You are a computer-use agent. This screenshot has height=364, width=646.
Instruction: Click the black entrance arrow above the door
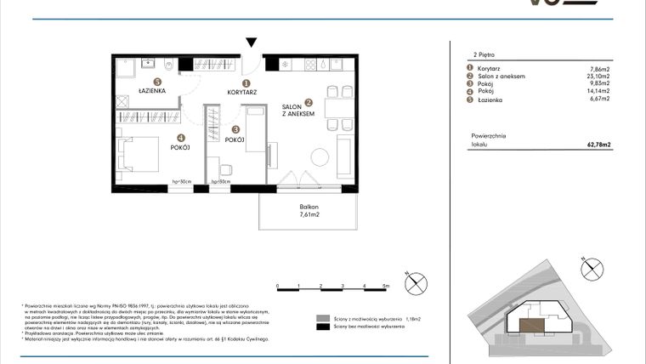tap(251, 43)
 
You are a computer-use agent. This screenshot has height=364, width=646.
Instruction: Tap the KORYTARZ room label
tap(241, 92)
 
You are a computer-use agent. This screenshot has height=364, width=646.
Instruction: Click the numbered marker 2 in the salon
tap(309, 102)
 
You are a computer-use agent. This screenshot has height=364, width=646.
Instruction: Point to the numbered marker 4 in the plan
tap(180, 138)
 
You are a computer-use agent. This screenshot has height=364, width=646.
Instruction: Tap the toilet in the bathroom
tap(168, 65)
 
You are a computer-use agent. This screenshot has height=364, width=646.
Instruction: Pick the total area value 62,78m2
tap(599, 145)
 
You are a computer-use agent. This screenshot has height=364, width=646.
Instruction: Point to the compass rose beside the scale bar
tap(416, 283)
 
